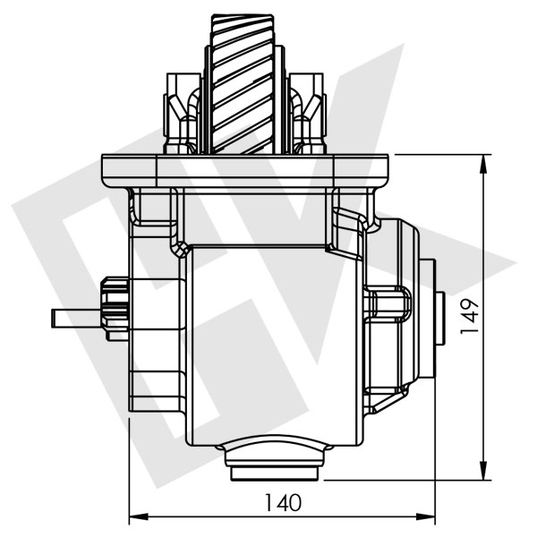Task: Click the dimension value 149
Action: coord(471,316)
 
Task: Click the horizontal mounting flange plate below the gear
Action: coord(247,169)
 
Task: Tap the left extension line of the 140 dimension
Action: coord(130,465)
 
